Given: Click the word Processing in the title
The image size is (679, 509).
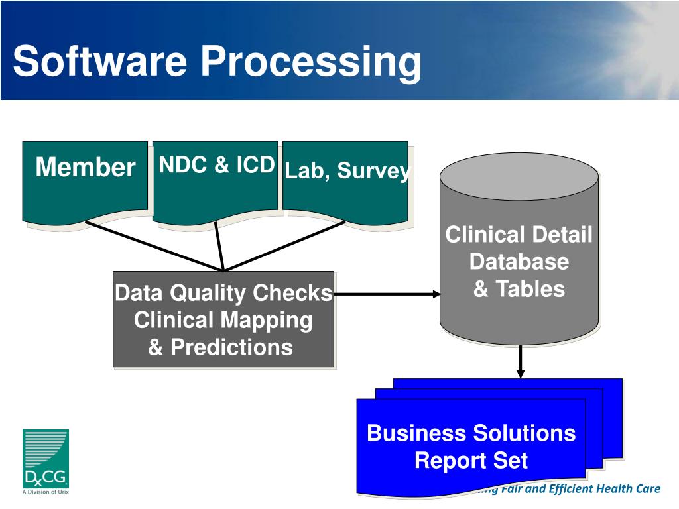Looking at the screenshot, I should (x=311, y=62).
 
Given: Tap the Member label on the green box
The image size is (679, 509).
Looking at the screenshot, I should (x=85, y=167).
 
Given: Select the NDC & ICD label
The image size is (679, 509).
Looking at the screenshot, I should (x=216, y=165).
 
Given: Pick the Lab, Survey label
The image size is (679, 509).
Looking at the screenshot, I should (x=348, y=171).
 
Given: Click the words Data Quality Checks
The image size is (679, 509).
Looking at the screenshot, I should (x=223, y=293).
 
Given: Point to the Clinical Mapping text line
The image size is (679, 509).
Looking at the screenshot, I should (x=223, y=320).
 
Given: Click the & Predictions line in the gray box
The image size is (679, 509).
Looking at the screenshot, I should (x=220, y=347).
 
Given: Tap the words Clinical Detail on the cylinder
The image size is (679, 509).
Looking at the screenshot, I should (x=519, y=235).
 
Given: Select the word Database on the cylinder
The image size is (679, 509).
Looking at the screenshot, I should (x=519, y=262).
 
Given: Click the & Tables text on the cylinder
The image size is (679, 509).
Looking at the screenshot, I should (x=519, y=289).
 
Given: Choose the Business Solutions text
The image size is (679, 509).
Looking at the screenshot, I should (x=471, y=433).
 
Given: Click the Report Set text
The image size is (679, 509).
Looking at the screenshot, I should (x=471, y=460).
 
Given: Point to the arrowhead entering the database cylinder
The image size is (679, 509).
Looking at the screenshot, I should (x=436, y=294).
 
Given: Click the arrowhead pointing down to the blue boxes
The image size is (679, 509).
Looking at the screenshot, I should (x=521, y=373).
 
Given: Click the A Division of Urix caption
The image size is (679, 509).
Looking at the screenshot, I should (x=46, y=492).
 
